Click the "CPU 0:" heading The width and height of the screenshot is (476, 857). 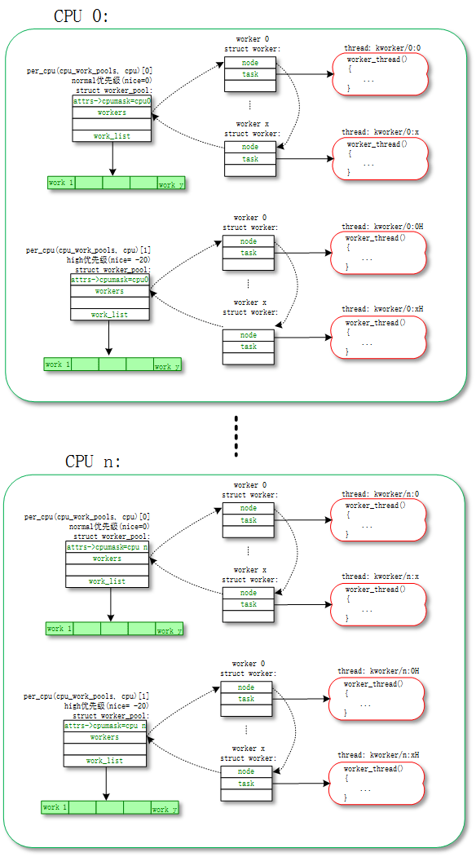(x=82, y=15)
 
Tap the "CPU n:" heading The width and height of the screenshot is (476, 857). (x=93, y=462)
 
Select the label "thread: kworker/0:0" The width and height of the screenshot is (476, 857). (x=381, y=48)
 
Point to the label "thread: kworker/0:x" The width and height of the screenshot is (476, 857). (x=381, y=132)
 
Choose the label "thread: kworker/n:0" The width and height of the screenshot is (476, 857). (x=380, y=494)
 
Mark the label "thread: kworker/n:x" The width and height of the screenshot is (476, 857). (x=380, y=576)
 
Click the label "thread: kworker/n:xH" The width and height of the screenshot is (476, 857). (x=378, y=755)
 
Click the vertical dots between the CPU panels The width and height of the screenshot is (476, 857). (x=236, y=437)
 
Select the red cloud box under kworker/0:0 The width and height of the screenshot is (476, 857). (x=380, y=74)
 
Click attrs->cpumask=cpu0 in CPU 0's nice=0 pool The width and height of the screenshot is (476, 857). (x=112, y=101)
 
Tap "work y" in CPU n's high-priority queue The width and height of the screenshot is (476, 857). (x=164, y=809)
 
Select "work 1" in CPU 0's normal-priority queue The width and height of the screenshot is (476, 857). (x=61, y=183)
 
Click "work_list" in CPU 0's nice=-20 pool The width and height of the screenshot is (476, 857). (x=109, y=314)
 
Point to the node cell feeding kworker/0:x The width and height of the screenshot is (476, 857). (x=249, y=147)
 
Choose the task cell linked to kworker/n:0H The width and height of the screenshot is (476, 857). (x=246, y=699)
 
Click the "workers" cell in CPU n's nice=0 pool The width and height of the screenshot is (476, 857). (x=107, y=559)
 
